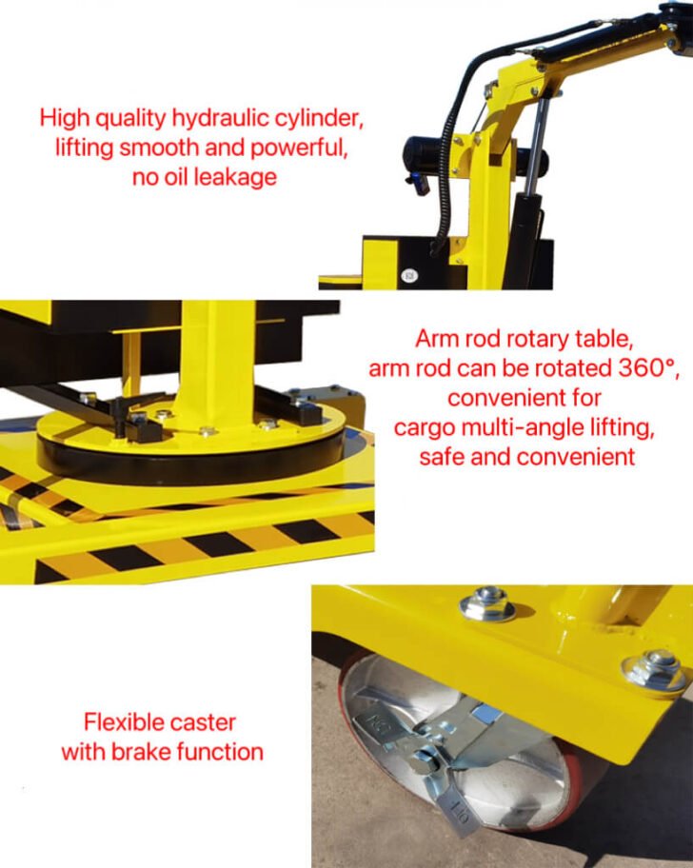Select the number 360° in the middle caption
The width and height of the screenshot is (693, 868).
click(x=648, y=367)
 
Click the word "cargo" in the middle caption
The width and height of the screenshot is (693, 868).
click(x=425, y=428)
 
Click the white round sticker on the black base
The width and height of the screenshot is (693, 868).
click(x=409, y=274)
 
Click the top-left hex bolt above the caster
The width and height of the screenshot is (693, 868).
click(x=487, y=604)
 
